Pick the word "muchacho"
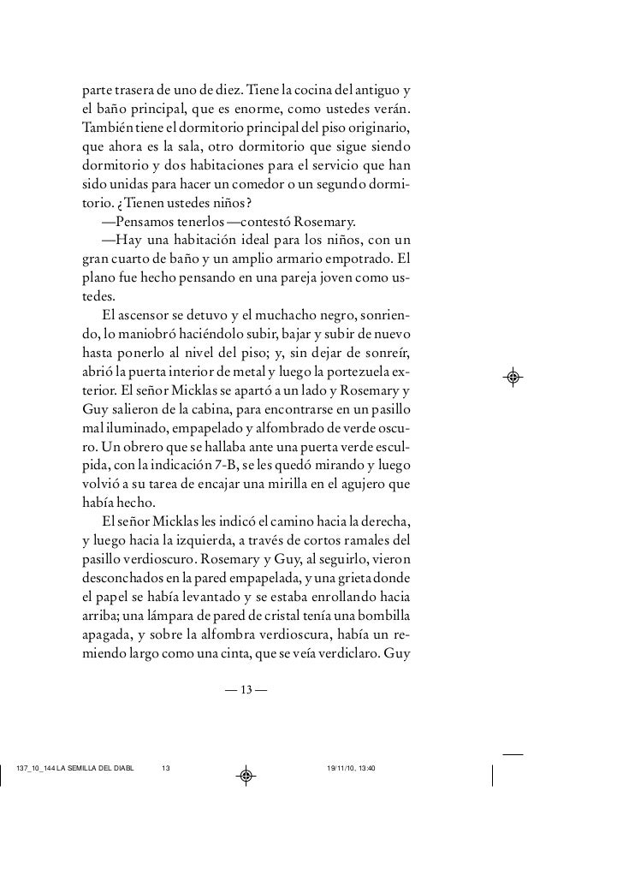pyautogui.click(x=284, y=315)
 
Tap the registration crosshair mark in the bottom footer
pyautogui.click(x=245, y=775)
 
